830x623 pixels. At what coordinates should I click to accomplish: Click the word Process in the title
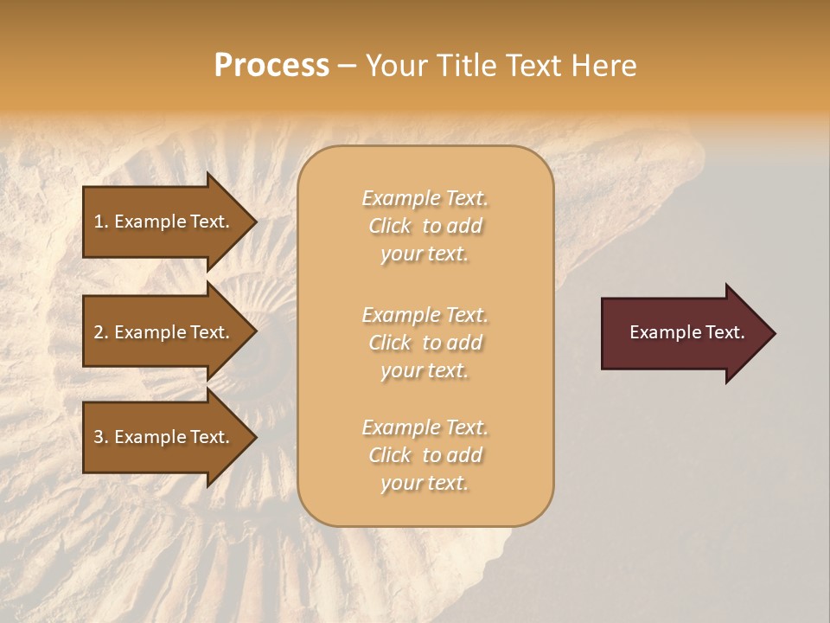pyautogui.click(x=271, y=66)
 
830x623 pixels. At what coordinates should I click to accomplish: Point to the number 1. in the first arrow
pyautogui.click(x=101, y=222)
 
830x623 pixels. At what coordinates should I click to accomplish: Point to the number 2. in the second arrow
pyautogui.click(x=101, y=332)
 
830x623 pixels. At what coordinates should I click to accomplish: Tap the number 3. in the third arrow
pyautogui.click(x=101, y=437)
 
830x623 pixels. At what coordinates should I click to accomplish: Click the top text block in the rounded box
pyautogui.click(x=425, y=226)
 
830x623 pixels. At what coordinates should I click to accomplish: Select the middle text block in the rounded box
pyautogui.click(x=425, y=343)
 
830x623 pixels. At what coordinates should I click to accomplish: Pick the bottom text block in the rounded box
pyautogui.click(x=425, y=455)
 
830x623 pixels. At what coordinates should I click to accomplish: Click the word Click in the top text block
pyautogui.click(x=390, y=226)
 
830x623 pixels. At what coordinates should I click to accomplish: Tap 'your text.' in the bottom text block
pyautogui.click(x=425, y=483)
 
